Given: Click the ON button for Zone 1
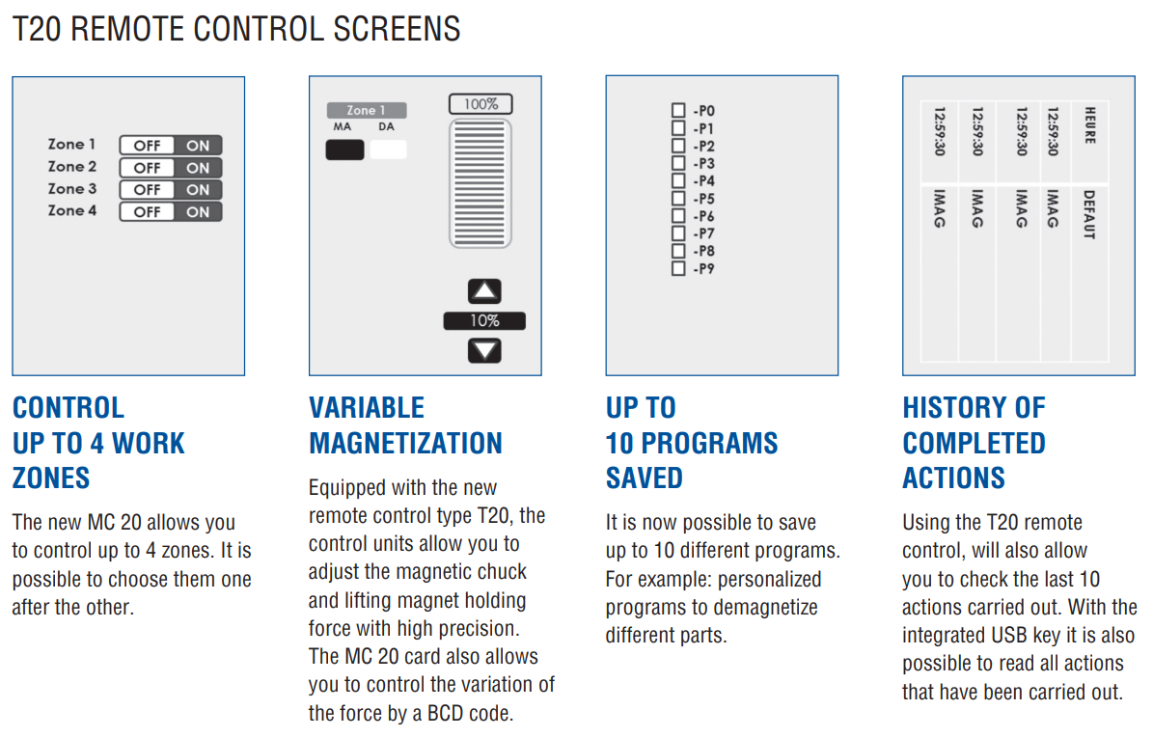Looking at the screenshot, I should coord(198,146).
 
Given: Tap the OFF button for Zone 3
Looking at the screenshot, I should coord(147,190).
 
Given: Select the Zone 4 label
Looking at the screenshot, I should coord(72,210).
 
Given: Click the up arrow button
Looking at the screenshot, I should coord(484,292).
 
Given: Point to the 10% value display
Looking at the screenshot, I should coord(484,321).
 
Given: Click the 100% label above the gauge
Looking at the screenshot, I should coord(480,104).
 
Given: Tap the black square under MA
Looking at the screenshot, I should coord(344,150).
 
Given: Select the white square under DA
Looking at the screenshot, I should coord(388,150).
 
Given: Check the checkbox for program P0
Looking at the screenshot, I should coord(678,111).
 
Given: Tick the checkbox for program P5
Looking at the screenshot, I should coord(678,199).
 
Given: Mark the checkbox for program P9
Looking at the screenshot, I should coord(678,269).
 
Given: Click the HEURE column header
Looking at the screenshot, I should coord(1089,125).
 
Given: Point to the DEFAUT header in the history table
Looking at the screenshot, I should coord(1089,214).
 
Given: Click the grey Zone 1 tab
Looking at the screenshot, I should coord(366,111).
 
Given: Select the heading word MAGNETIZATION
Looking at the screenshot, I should coord(405,443).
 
